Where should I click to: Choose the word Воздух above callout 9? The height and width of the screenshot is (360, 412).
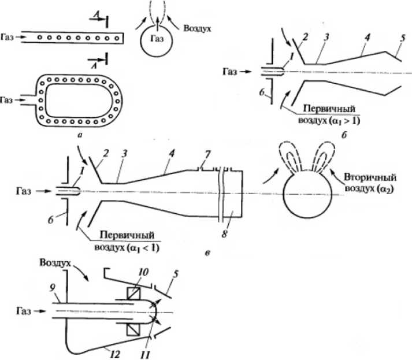pos(55,263)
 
